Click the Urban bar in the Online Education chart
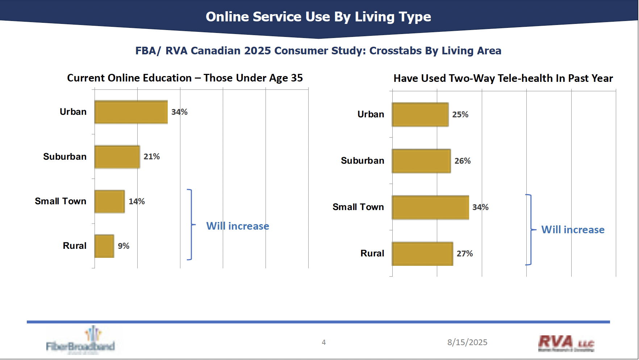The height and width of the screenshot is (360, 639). [x=131, y=112]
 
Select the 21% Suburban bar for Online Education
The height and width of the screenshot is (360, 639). [x=117, y=157]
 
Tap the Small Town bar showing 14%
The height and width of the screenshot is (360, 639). [x=109, y=201]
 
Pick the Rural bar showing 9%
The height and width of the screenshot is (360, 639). [x=104, y=246]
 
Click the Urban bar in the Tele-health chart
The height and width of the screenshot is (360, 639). [x=420, y=114]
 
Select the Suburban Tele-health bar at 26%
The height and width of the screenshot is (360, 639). [x=421, y=161]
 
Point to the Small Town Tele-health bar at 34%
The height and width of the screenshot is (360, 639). [x=430, y=207]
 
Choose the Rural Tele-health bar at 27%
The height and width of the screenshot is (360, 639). [x=422, y=254]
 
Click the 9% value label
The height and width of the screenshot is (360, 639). [x=124, y=246]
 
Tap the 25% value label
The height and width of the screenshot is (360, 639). [x=460, y=114]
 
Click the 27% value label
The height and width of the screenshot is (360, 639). [x=464, y=254]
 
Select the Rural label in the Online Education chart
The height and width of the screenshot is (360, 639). [x=75, y=246]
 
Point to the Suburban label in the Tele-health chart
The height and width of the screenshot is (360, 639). [x=362, y=161]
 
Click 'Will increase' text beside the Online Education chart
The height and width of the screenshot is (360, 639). [x=238, y=226]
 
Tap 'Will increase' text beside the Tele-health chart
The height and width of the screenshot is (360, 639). [x=573, y=230]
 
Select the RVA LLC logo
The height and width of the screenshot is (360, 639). [x=566, y=343]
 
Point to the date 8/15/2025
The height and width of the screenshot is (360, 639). [x=467, y=342]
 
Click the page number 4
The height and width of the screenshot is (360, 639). [x=323, y=342]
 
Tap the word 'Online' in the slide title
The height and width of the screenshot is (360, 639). [x=227, y=17]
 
